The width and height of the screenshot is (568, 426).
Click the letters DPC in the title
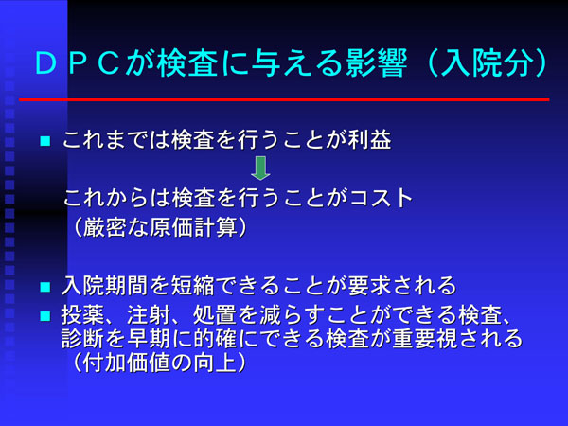(x=78, y=63)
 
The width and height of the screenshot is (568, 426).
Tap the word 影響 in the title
(x=377, y=63)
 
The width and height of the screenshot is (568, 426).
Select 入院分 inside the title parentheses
(x=488, y=63)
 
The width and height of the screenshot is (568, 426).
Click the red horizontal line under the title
(x=284, y=99)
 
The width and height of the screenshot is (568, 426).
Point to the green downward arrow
(x=260, y=169)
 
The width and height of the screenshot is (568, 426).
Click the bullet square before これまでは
(x=45, y=141)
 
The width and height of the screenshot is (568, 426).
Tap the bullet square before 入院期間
(x=45, y=287)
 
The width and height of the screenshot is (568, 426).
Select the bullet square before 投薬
(x=45, y=316)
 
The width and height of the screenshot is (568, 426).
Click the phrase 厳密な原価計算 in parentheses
(x=160, y=228)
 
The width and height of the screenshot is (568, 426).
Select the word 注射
(x=149, y=315)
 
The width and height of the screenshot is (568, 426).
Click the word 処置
(x=215, y=315)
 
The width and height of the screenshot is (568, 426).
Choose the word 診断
(x=82, y=339)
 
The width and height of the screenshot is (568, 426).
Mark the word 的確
(x=215, y=339)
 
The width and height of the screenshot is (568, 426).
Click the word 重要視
(x=425, y=339)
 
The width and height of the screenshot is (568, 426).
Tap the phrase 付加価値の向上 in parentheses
(x=160, y=363)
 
